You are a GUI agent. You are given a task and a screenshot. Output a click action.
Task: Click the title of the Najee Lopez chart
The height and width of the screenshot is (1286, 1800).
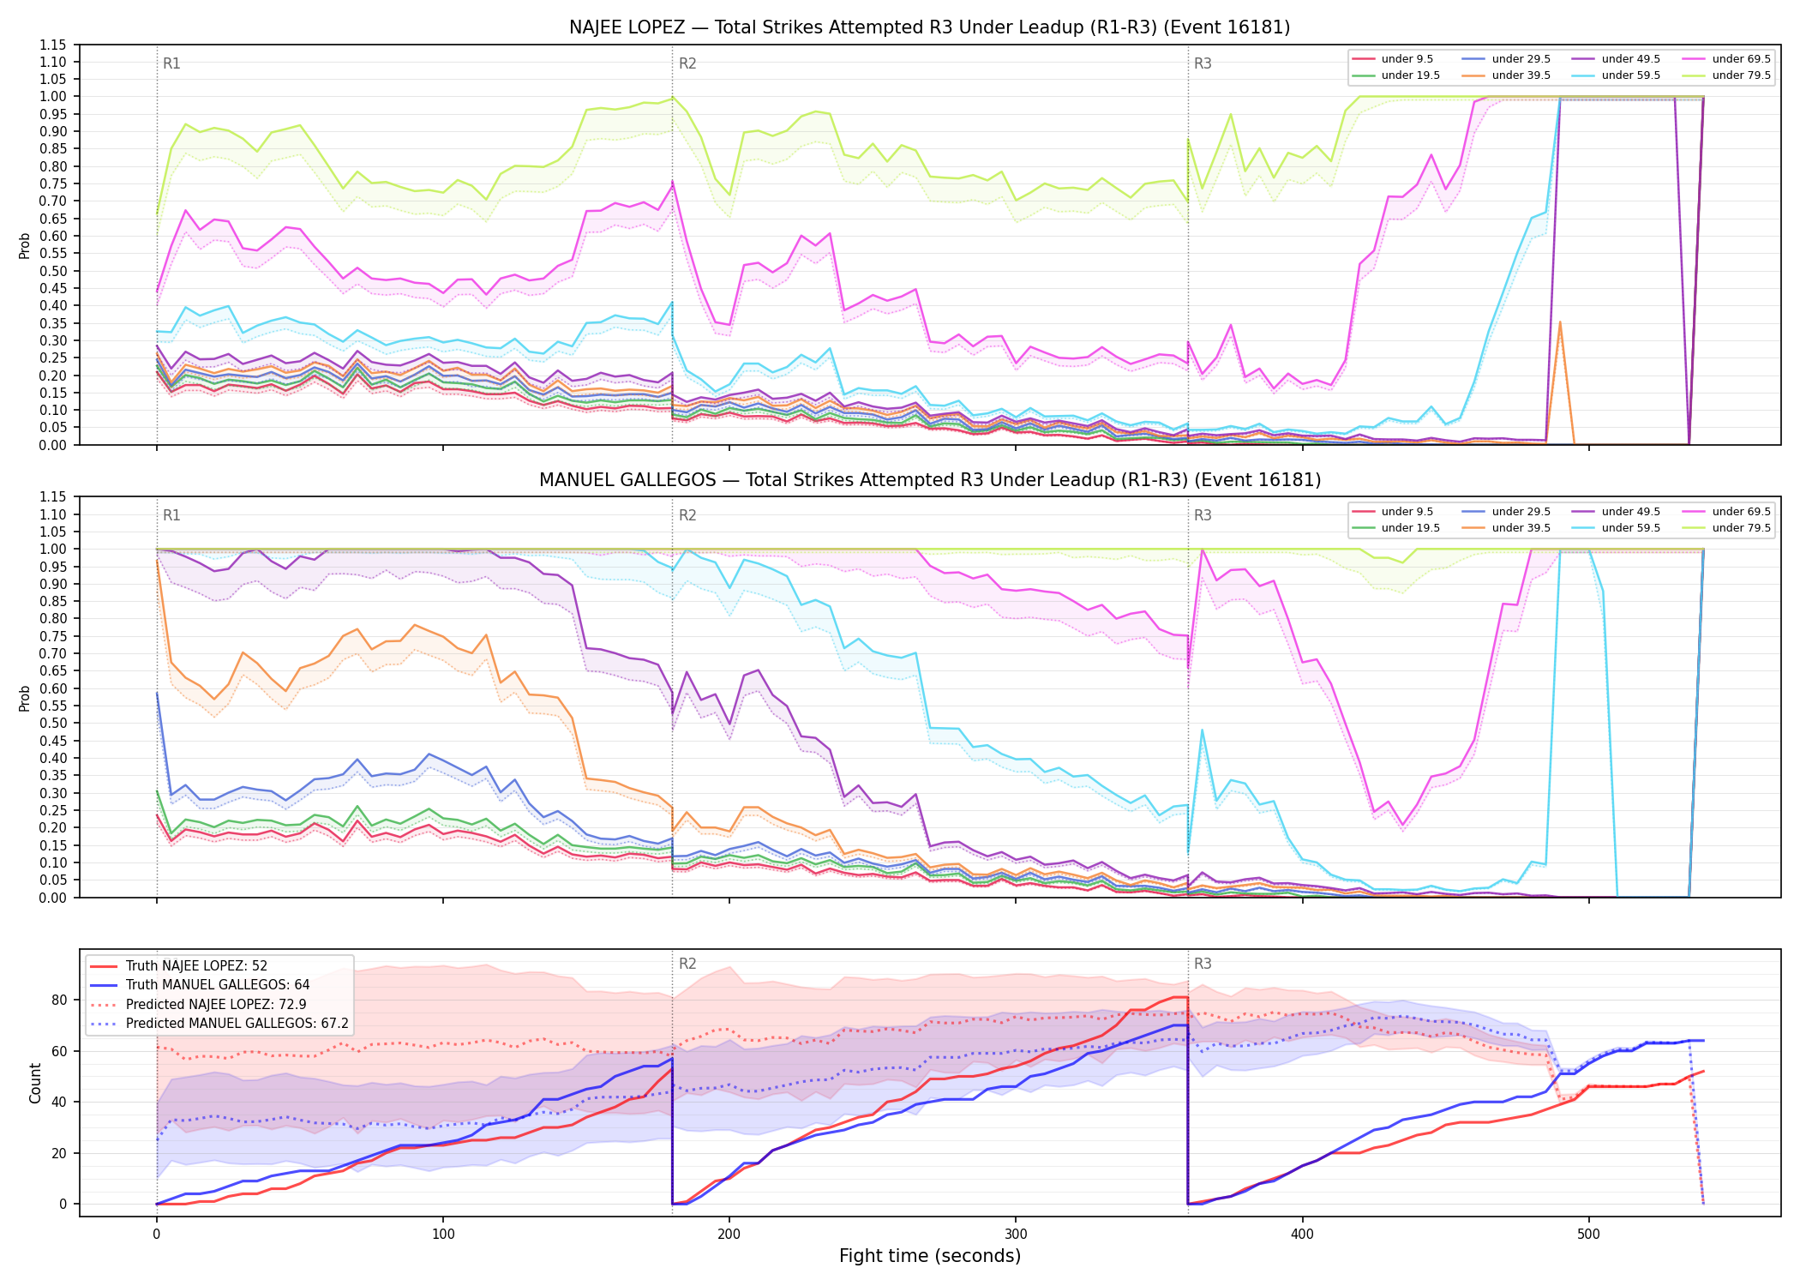point(929,27)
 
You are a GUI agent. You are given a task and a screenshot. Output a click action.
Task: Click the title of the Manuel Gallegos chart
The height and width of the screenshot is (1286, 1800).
point(929,480)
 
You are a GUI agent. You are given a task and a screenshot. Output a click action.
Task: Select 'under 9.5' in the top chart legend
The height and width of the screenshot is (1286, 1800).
point(1407,59)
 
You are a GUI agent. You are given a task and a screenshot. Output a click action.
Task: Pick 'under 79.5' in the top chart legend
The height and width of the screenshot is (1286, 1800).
point(1741,75)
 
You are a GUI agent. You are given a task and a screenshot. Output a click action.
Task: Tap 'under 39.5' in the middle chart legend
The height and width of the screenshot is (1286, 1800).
point(1521,528)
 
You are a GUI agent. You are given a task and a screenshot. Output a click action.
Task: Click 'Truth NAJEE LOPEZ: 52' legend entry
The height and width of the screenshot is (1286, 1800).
point(196,966)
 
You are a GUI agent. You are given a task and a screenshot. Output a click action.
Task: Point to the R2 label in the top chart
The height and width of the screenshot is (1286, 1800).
point(687,63)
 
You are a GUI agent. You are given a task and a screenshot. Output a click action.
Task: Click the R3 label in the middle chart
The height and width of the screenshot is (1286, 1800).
point(1203,515)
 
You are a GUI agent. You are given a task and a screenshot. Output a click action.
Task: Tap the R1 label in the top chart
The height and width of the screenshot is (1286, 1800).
point(171,63)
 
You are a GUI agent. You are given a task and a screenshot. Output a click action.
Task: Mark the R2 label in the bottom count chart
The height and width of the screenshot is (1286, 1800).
point(687,964)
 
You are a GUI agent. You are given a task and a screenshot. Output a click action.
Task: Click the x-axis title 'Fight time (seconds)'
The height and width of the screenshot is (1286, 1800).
point(930,1256)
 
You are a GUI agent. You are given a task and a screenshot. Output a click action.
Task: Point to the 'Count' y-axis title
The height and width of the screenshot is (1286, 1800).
point(35,1083)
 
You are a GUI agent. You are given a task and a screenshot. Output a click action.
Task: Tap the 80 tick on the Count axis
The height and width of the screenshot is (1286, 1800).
point(59,1000)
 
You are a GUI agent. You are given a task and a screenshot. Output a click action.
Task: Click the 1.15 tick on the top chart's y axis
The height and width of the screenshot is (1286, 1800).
point(53,45)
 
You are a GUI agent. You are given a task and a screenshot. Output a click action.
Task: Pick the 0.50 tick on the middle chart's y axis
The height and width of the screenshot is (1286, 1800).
point(53,723)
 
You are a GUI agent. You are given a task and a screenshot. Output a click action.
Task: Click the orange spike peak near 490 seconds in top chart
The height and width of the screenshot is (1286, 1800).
point(1560,322)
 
